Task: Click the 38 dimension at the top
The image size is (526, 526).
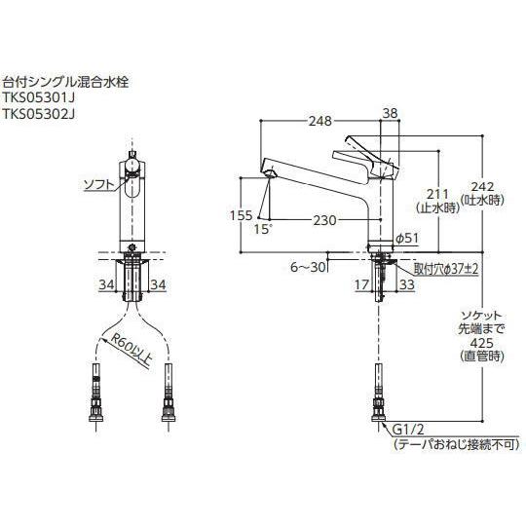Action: (390, 112)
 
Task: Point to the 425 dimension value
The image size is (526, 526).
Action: (475, 342)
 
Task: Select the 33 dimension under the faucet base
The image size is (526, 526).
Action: (406, 284)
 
